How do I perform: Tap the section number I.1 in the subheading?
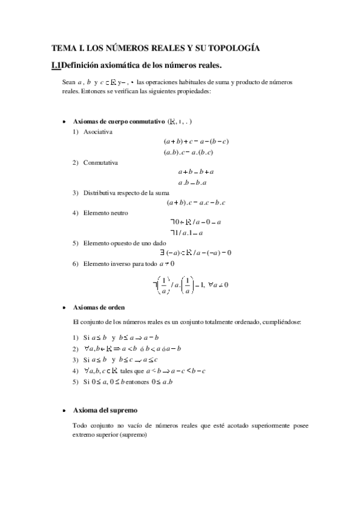56,65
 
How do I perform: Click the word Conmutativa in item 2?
101,162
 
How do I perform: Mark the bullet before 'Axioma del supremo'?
64,411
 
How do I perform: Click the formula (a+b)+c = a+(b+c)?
196,141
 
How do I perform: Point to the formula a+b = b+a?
196,172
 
